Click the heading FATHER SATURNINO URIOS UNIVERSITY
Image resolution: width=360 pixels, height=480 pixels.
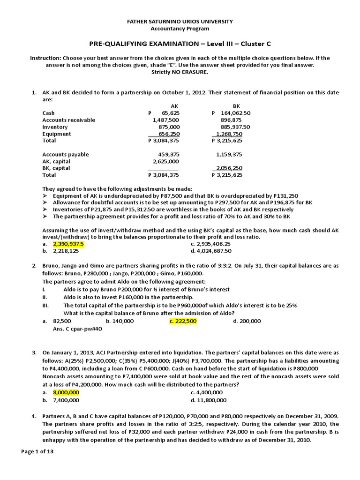pos(180,22)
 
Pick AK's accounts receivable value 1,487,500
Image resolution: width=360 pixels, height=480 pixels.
pos(166,120)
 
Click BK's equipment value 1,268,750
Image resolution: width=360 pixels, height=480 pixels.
pos(230,134)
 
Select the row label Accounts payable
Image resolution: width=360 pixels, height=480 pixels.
pos(66,154)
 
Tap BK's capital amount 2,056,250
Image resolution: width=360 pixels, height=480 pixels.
pos(229,168)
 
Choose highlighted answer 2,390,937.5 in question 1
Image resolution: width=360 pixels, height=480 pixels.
pos(68,244)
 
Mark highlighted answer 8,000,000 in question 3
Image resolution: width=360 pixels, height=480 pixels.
pos(66,392)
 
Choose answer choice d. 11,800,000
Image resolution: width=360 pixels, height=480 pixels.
pos(209,400)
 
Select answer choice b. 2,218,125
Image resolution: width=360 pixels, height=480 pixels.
pos(64,251)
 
